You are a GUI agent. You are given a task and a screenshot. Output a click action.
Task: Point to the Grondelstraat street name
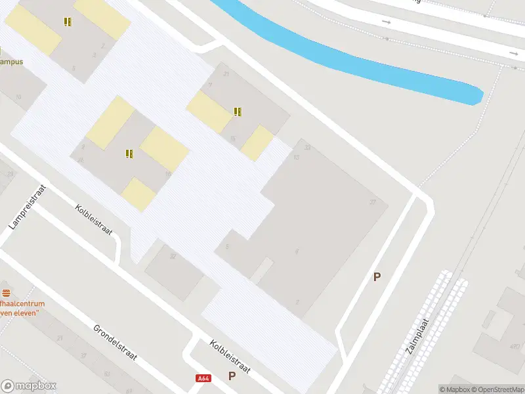pyautogui.click(x=114, y=342)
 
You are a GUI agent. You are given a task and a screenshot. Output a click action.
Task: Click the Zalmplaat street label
pyautogui.click(x=417, y=336)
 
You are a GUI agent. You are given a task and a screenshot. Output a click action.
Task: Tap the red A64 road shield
pyautogui.click(x=203, y=378)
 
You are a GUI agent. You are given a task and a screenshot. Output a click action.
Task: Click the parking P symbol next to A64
pyautogui.click(x=231, y=376)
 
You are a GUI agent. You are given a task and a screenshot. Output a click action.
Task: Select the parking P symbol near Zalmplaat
pyautogui.click(x=377, y=277)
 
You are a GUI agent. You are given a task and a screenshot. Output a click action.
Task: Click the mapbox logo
pyautogui.click(x=29, y=386)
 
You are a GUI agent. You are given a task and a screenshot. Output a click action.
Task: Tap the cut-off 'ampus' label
pyautogui.click(x=11, y=62)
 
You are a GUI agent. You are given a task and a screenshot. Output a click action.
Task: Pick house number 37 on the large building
pyautogui.click(x=373, y=202)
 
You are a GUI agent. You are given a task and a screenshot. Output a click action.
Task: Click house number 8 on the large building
pyautogui.click(x=297, y=252)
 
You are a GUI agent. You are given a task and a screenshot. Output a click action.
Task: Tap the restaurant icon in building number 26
pyautogui.click(x=129, y=154)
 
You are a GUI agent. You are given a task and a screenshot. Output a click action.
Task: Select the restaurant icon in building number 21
pyautogui.click(x=238, y=112)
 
